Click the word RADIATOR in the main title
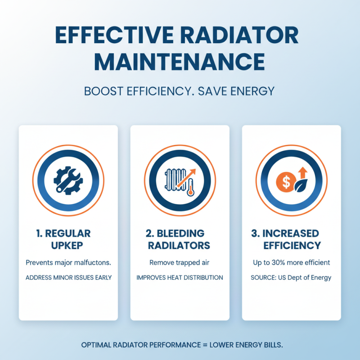coord(237,36)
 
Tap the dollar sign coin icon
coord(286,181)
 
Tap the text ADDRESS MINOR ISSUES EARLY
coord(68,278)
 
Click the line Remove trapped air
coord(180,262)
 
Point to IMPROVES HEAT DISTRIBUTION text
coord(180,278)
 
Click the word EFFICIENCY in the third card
coord(292,245)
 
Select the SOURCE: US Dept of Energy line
coord(291,278)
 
